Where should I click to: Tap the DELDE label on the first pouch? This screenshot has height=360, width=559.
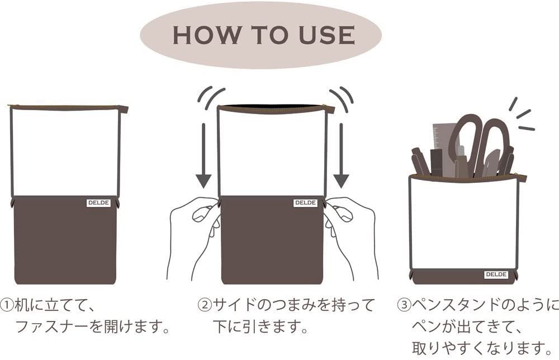[99, 203]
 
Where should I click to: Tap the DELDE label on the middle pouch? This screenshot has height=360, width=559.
[306, 203]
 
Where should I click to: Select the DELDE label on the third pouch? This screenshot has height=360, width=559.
[496, 275]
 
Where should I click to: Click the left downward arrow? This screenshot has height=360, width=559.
[204, 155]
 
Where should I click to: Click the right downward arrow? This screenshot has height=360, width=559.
[341, 155]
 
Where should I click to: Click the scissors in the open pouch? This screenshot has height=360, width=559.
[480, 143]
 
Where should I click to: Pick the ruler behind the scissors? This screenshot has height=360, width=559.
[442, 143]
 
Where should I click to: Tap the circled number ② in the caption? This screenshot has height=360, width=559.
[204, 305]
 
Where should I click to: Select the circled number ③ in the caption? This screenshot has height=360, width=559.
[404, 305]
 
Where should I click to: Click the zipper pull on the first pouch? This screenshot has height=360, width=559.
[124, 108]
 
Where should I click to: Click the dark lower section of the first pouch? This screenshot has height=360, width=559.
[64, 240]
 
